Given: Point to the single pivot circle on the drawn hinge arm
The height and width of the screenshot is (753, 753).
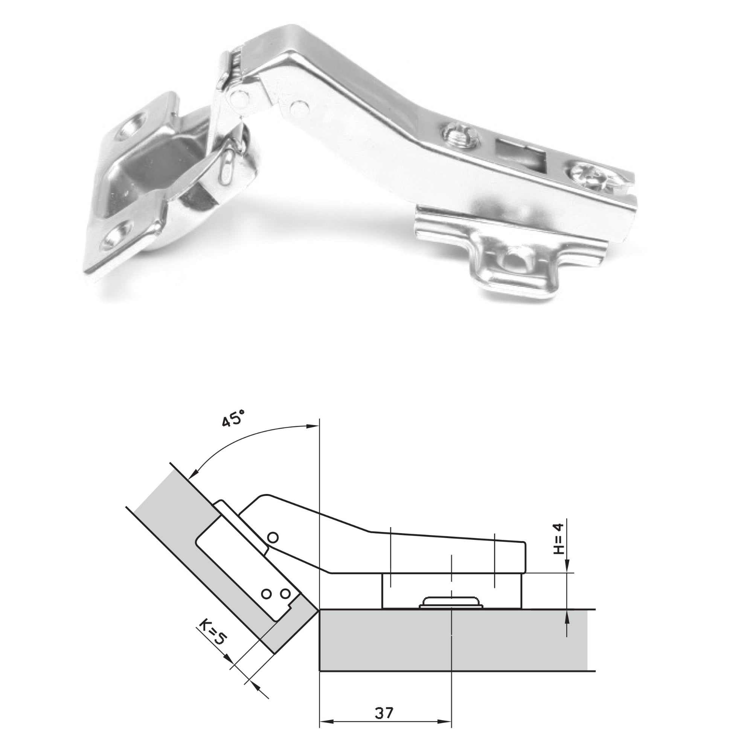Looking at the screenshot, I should coord(273,538).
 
